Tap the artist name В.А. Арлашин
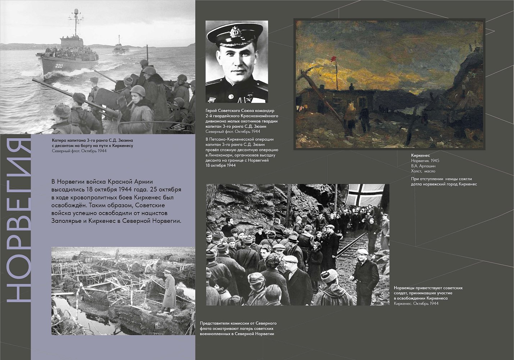(x=423, y=166)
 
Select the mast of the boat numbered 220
(x=76, y=23)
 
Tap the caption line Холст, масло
(x=423, y=171)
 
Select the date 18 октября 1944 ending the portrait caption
(x=220, y=165)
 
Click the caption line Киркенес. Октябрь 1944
(x=416, y=303)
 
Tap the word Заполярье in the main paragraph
(x=67, y=221)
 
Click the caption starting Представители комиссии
(x=238, y=328)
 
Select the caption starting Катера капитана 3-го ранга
(x=92, y=143)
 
